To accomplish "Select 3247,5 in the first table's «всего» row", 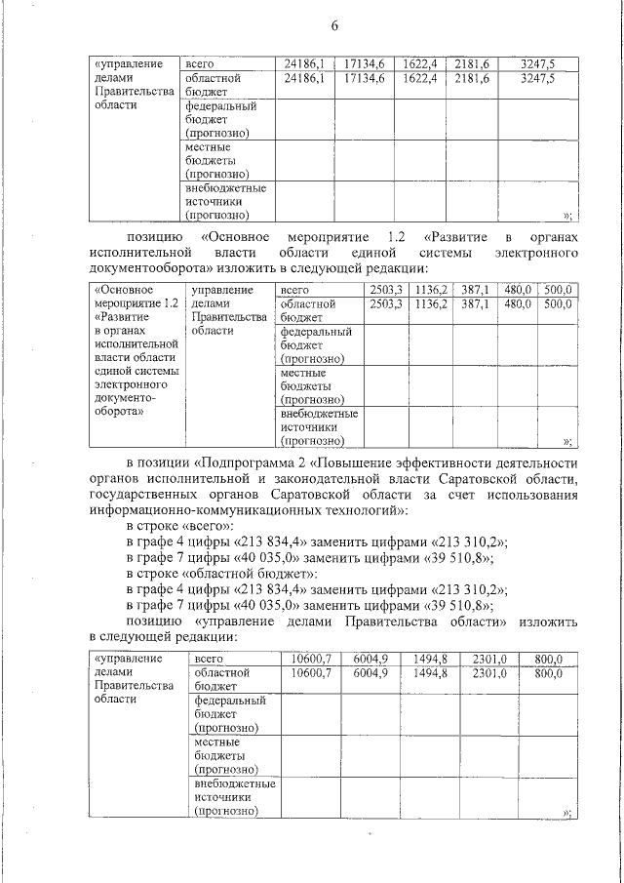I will coord(537,63).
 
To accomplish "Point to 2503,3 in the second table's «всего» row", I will coord(386,290).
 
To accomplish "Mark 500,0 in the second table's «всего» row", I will coord(557,290).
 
